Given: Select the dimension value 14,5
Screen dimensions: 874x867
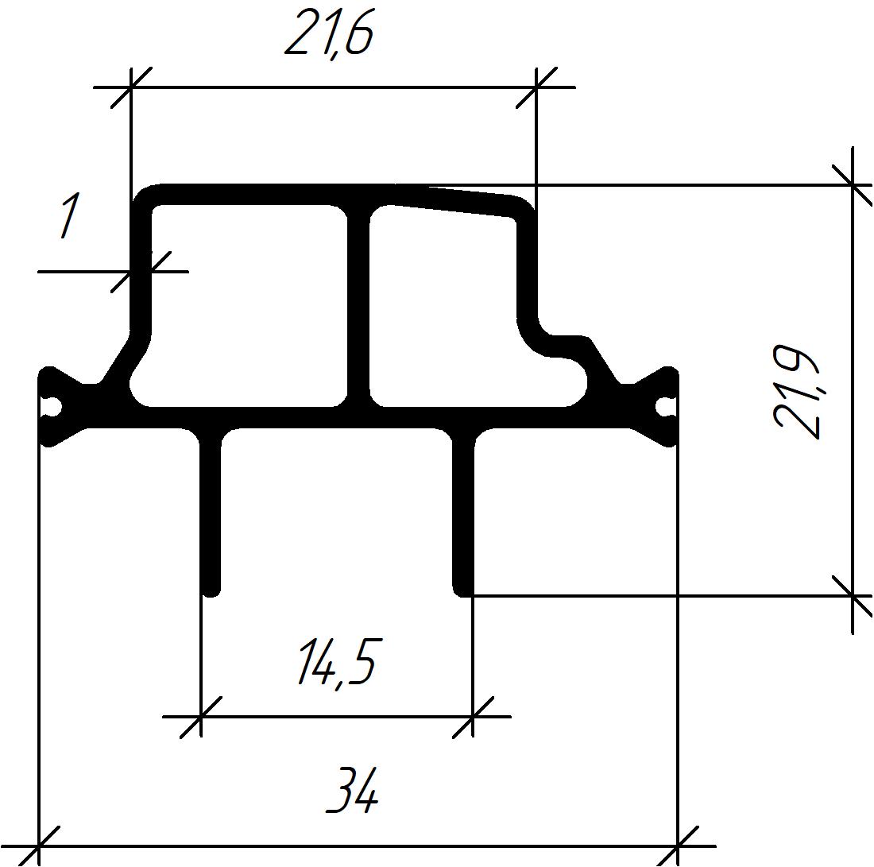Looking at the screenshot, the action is click(337, 664).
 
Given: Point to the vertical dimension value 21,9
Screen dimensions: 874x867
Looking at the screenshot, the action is click(798, 392).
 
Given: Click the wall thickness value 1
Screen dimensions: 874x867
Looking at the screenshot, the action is click(69, 215).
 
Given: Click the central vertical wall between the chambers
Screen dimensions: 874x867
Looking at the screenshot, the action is click(358, 305).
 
